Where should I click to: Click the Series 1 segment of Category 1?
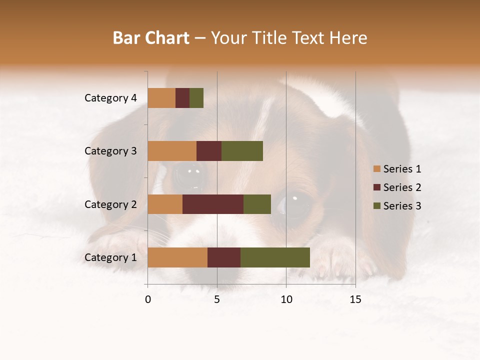tap(177, 257)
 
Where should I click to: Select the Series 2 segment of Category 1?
tap(224, 257)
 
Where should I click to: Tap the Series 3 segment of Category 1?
tap(275, 257)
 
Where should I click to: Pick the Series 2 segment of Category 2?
tap(213, 204)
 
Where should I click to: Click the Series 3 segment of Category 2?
tap(257, 204)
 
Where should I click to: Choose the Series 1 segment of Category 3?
tap(172, 151)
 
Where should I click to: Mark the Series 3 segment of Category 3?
tap(242, 151)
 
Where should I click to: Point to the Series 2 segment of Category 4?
tap(182, 98)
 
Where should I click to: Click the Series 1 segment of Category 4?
tap(161, 98)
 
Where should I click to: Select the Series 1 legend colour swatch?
tap(376, 169)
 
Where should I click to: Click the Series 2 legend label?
tap(402, 187)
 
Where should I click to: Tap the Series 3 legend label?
tap(402, 206)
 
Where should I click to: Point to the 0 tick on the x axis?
tap(148, 299)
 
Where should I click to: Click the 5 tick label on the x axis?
tap(217, 299)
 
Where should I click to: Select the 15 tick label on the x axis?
tap(355, 299)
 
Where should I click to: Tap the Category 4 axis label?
tap(110, 98)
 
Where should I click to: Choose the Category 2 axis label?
tap(110, 204)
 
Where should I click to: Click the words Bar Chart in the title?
tap(151, 38)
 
